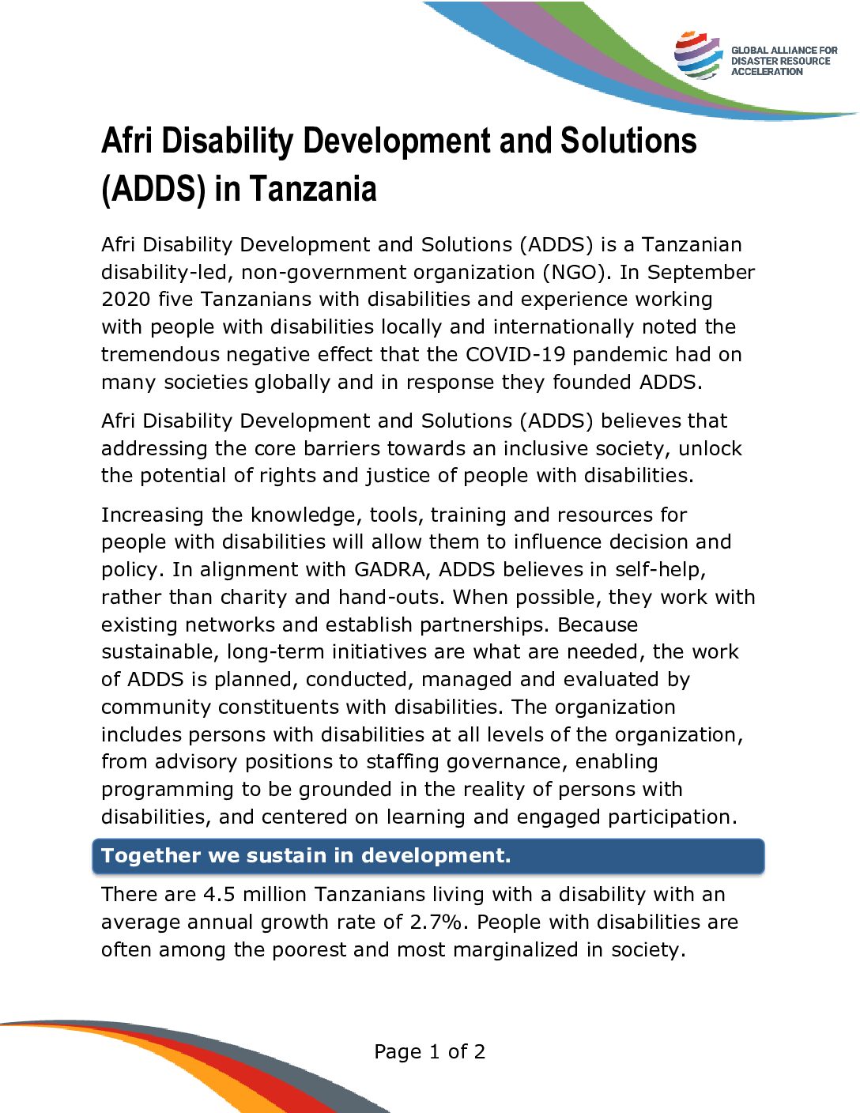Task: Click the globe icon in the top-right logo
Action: [x=697, y=55]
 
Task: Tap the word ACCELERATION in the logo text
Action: [x=767, y=72]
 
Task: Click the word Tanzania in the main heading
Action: [x=313, y=189]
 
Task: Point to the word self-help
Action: [x=660, y=570]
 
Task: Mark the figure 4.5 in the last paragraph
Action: [x=219, y=895]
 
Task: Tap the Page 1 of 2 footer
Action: [x=429, y=1052]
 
